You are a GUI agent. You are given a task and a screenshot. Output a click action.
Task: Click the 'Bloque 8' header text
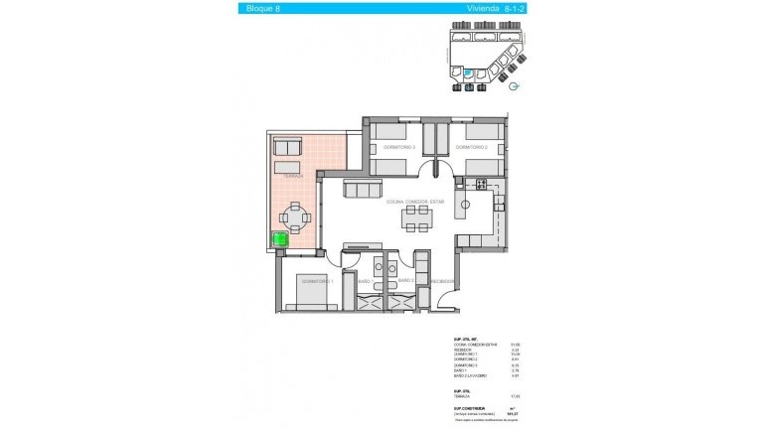click(262, 9)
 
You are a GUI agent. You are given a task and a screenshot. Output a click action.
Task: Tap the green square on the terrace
click(280, 239)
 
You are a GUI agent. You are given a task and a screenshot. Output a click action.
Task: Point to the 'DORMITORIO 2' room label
click(470, 147)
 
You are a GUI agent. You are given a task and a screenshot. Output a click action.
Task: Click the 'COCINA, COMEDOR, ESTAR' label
click(416, 201)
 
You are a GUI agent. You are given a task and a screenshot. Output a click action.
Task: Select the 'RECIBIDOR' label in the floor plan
click(442, 281)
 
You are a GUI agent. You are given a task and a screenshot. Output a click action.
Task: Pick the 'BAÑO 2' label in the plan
click(404, 281)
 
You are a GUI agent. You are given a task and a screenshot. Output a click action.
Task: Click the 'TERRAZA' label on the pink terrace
click(292, 176)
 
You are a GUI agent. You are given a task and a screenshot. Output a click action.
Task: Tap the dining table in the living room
click(416, 220)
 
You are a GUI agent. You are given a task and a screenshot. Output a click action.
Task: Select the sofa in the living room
click(361, 189)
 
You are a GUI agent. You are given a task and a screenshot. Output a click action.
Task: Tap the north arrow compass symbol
click(514, 86)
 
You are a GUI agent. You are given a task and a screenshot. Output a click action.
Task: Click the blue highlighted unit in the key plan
click(467, 72)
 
